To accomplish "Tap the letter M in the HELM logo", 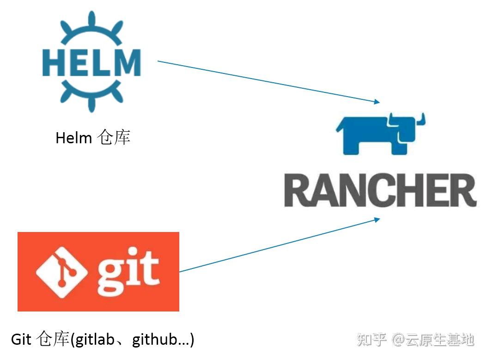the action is click(127, 62).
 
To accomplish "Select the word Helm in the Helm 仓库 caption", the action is click(73, 138).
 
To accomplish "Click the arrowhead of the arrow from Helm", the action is click(377, 102).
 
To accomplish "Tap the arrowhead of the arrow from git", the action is click(377, 220).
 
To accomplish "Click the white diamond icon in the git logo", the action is click(61, 272).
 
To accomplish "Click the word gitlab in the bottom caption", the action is click(95, 339).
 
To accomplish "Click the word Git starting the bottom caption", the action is click(21, 339).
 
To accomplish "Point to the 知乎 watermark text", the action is click(372, 340).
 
